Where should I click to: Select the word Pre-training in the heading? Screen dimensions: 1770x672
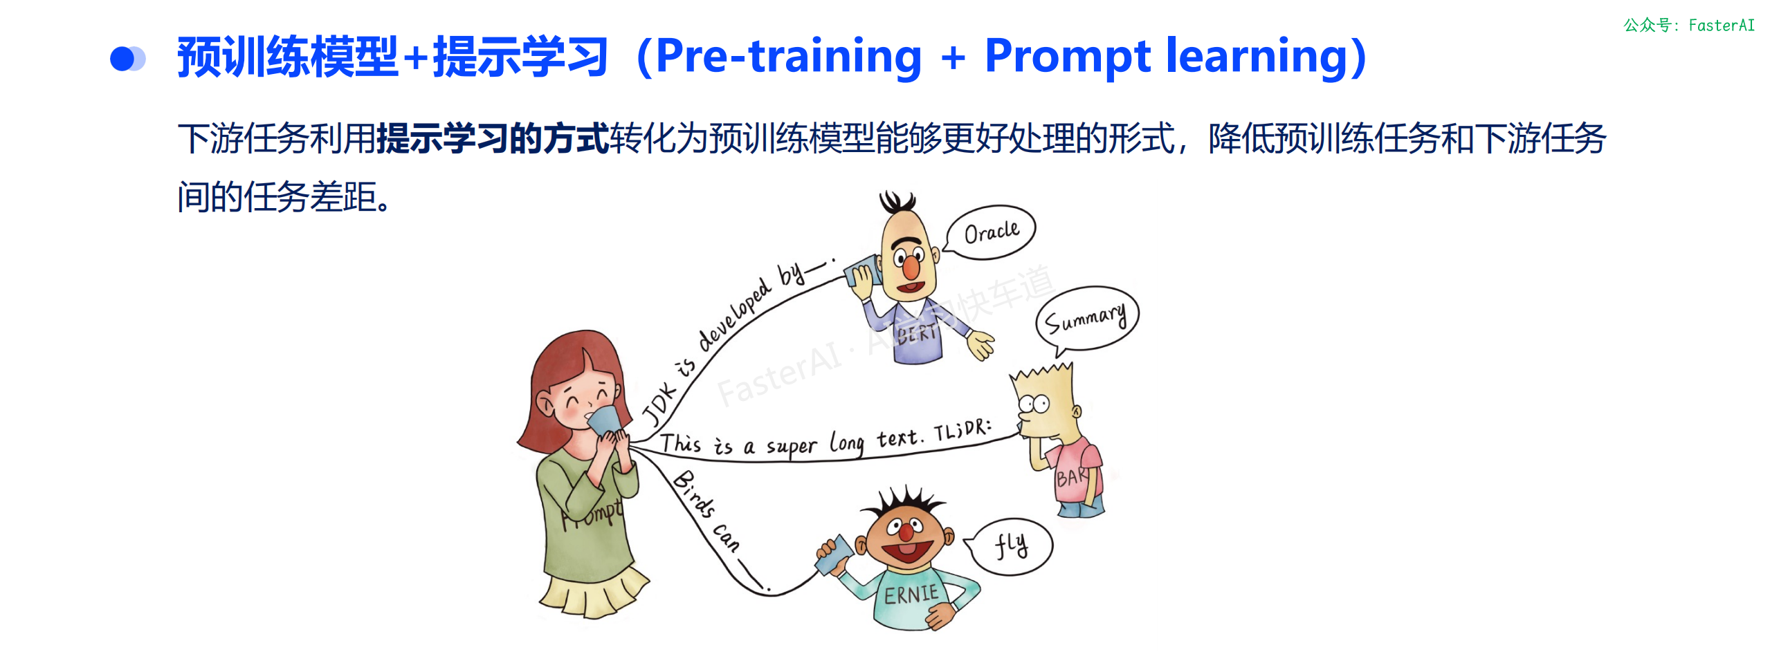pyautogui.click(x=789, y=57)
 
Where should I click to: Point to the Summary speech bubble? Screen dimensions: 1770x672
pyautogui.click(x=1086, y=319)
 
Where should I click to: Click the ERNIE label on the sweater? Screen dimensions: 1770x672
pyautogui.click(x=911, y=594)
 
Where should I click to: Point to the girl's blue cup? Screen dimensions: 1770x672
pyautogui.click(x=603, y=420)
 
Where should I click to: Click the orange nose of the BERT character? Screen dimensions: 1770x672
pyautogui.click(x=911, y=267)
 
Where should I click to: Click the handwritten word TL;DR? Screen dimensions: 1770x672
pyautogui.click(x=962, y=430)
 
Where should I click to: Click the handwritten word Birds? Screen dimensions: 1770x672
pyautogui.click(x=693, y=493)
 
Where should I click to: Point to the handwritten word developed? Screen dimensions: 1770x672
pyautogui.click(x=734, y=315)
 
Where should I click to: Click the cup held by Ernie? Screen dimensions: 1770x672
pyautogui.click(x=836, y=554)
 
